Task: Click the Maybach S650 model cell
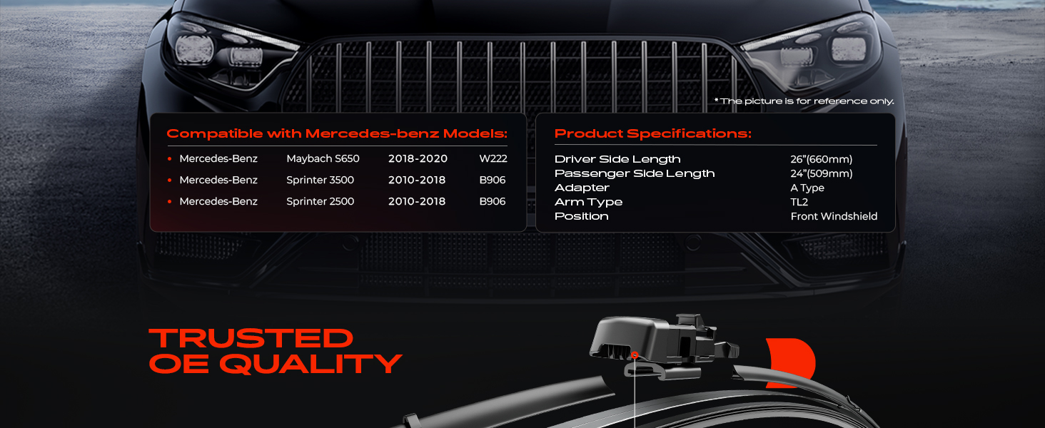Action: click(323, 158)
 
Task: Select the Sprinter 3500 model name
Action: click(320, 180)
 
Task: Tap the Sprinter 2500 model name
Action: click(320, 201)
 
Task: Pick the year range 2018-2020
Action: click(418, 158)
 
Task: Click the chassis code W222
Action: click(493, 158)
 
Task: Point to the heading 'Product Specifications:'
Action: click(652, 134)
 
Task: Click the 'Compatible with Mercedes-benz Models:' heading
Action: click(337, 134)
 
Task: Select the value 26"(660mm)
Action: click(821, 159)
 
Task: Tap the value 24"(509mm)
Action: click(821, 173)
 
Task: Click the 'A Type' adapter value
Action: click(807, 188)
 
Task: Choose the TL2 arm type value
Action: click(799, 202)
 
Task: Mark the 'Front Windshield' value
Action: click(834, 216)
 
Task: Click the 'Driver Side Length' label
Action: click(617, 160)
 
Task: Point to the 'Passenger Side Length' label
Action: click(635, 173)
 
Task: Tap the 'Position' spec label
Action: click(581, 216)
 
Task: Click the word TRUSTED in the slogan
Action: click(251, 339)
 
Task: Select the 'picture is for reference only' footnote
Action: click(804, 101)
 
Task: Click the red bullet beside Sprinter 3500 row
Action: click(169, 180)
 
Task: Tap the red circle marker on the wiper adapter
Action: click(635, 355)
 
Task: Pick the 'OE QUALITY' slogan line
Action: click(276, 364)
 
